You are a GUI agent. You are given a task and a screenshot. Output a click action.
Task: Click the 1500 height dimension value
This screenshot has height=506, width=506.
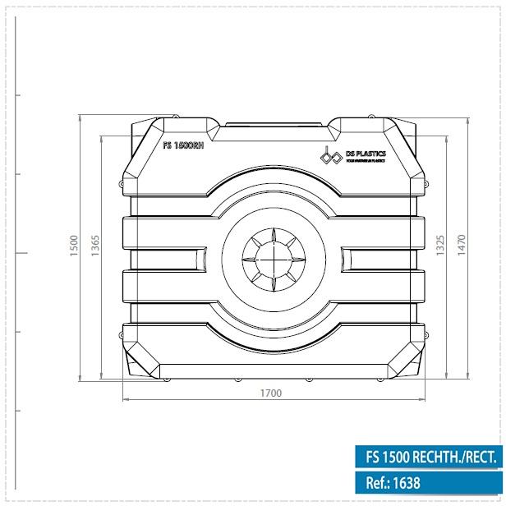point(72,244)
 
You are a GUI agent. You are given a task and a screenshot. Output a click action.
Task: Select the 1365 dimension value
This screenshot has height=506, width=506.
point(94,244)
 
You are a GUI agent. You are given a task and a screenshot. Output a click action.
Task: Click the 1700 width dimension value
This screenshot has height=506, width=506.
point(270,393)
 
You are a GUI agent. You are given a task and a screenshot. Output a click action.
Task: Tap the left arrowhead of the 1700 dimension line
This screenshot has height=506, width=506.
point(125,400)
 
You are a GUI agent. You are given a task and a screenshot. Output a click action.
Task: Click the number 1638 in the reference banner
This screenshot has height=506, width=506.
point(407,484)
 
